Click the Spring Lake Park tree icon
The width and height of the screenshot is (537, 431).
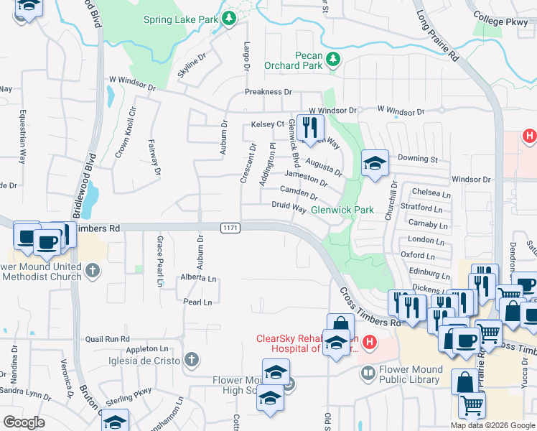[x=229, y=18]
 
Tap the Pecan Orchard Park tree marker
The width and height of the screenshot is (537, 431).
[x=333, y=60]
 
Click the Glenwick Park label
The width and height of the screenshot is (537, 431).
[x=342, y=210]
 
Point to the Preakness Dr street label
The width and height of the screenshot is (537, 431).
[x=268, y=92]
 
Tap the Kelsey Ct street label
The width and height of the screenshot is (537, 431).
[x=268, y=124]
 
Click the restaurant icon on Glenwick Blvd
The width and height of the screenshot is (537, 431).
[x=309, y=127]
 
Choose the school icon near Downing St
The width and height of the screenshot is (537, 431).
[x=374, y=163]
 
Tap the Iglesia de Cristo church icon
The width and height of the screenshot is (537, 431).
[x=191, y=359]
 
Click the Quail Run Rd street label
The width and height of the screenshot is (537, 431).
[x=107, y=338]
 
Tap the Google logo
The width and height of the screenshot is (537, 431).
[x=24, y=422]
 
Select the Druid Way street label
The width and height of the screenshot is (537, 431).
[x=289, y=207]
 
